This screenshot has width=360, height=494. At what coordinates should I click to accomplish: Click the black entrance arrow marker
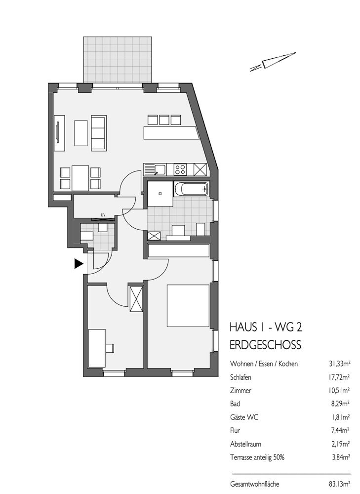[78, 264]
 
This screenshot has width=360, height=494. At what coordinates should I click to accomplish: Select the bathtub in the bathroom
[192, 189]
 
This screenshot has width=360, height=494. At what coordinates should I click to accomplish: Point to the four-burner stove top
[181, 169]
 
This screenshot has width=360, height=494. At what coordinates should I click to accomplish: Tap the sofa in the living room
[98, 133]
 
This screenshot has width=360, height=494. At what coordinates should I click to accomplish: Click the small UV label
[103, 214]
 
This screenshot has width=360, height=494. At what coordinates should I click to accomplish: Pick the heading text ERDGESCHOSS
[266, 344]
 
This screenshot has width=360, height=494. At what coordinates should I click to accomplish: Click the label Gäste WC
[244, 417]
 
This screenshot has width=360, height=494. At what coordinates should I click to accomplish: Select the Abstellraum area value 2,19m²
[340, 444]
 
